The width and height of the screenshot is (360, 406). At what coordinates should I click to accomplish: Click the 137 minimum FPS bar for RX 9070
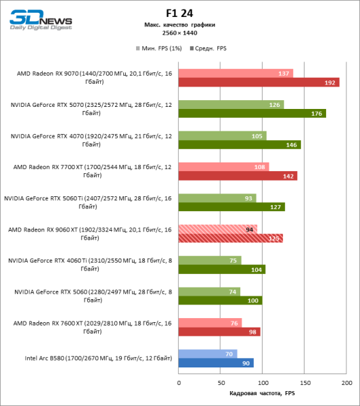[235, 73]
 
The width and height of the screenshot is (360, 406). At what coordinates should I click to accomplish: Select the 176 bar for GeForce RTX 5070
[252, 114]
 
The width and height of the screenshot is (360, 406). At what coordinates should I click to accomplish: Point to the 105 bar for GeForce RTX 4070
[222, 135]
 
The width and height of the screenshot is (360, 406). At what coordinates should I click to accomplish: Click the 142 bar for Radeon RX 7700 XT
[238, 176]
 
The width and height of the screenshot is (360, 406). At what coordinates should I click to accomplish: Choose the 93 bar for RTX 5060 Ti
[217, 198]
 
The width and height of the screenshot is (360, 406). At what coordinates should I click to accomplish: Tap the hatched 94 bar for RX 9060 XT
[217, 229]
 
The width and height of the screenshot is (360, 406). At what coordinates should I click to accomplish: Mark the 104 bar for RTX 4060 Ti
[221, 269]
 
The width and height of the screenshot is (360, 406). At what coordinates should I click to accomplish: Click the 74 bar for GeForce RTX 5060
[209, 291]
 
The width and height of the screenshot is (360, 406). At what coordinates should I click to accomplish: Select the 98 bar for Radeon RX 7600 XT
[219, 332]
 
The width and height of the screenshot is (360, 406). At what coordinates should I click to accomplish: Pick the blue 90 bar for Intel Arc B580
[216, 363]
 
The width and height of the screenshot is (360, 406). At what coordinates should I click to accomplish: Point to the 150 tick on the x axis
[305, 382]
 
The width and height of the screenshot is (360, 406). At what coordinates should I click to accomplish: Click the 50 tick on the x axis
[221, 382]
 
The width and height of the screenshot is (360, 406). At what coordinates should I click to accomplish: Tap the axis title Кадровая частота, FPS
[263, 392]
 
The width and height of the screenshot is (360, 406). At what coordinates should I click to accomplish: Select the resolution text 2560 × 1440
[179, 32]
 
